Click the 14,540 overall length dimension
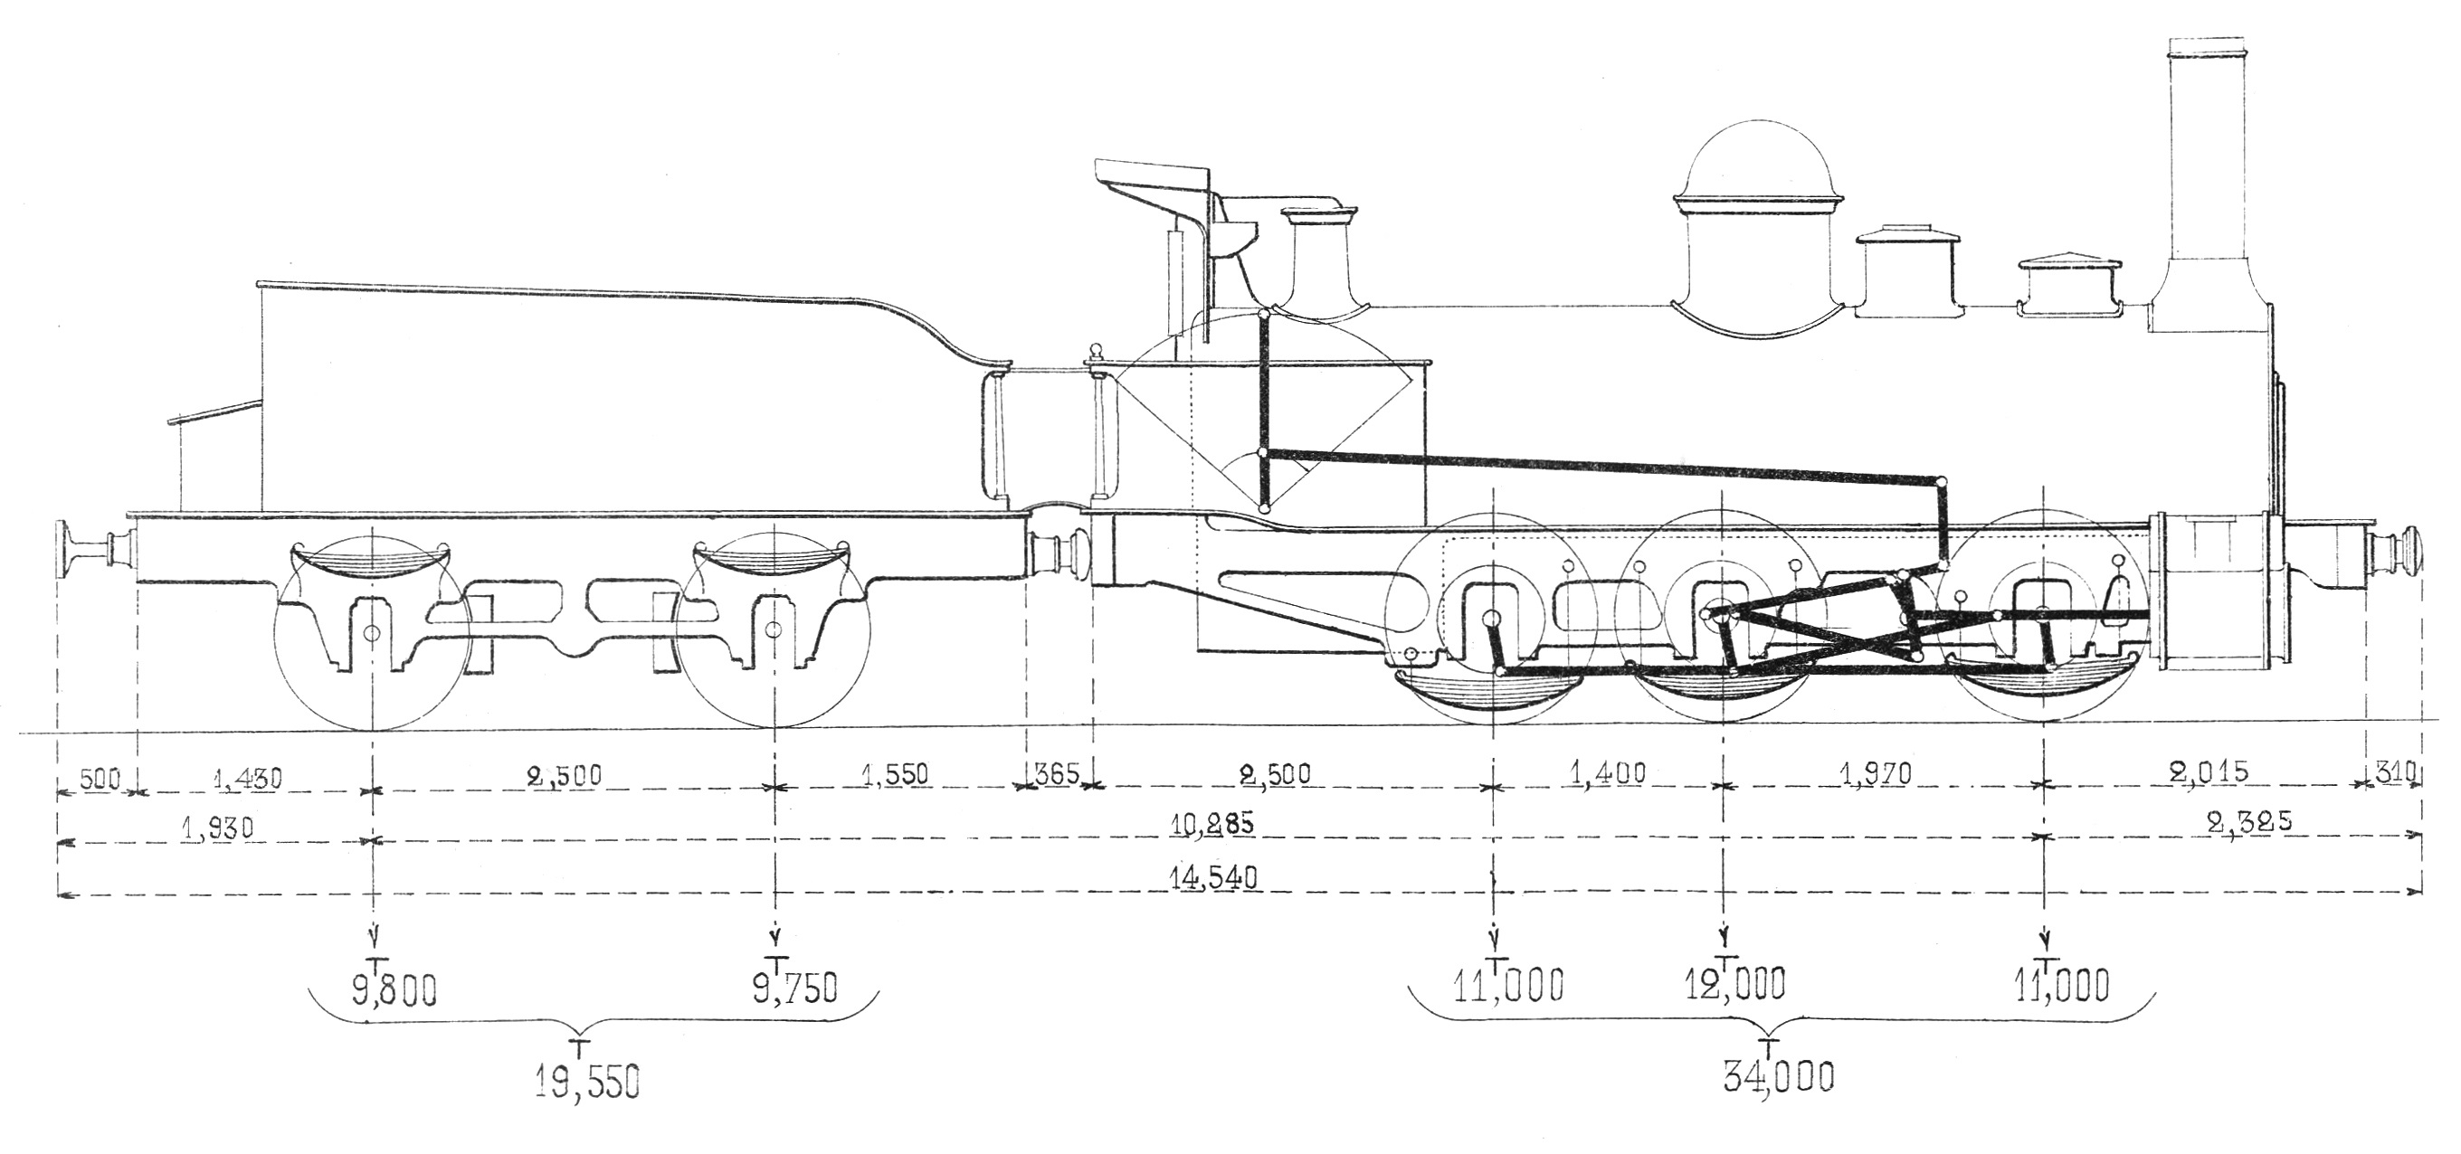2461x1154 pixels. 1213,876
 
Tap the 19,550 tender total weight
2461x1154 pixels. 586,1083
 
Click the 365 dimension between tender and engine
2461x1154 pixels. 1057,773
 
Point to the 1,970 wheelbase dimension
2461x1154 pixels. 1877,774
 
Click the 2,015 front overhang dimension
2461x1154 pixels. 2209,771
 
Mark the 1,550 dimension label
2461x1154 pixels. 895,773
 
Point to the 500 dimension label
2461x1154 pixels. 100,779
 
